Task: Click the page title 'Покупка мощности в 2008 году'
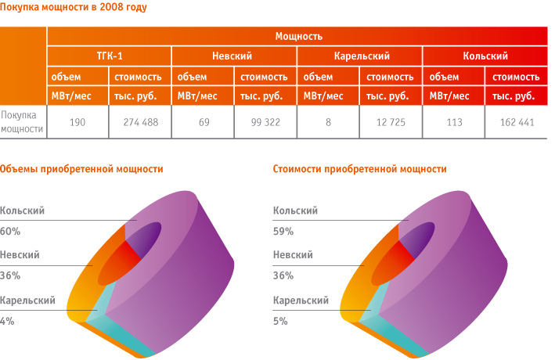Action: click(x=74, y=7)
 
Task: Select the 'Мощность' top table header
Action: click(x=299, y=36)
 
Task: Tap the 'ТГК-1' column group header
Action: click(x=110, y=56)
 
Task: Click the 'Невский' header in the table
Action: click(x=232, y=56)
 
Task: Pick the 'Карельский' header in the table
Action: click(x=362, y=56)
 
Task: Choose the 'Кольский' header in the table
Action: click(x=485, y=56)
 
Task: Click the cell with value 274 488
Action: click(x=141, y=122)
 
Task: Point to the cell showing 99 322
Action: click(x=265, y=122)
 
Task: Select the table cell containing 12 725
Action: click(x=391, y=122)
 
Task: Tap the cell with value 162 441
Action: click(x=517, y=122)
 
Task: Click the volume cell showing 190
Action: click(x=77, y=122)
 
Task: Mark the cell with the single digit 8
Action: click(x=329, y=122)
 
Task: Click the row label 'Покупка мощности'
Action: click(x=22, y=122)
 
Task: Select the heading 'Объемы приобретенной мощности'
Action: click(x=81, y=169)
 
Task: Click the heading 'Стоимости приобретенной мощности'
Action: click(x=359, y=169)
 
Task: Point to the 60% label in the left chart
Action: click(x=10, y=231)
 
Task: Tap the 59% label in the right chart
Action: click(x=283, y=231)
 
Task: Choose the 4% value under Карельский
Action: click(x=7, y=321)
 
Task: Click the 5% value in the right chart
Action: click(x=280, y=321)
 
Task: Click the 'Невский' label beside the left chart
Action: click(x=20, y=255)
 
